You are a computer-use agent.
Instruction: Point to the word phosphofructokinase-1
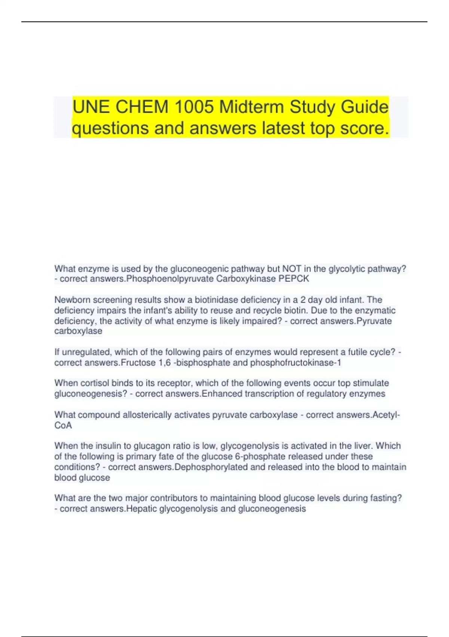click(296, 363)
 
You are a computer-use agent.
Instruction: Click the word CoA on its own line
click(63, 425)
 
